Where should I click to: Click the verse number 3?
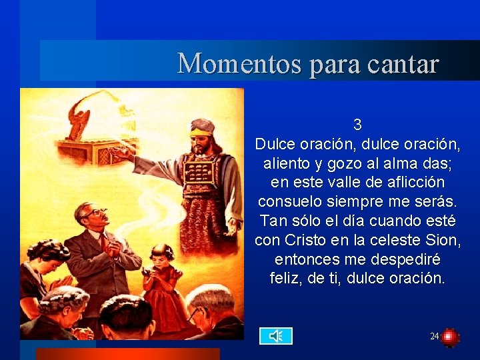[x=357, y=125]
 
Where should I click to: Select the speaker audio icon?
[x=275, y=336]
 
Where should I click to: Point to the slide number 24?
[x=434, y=337]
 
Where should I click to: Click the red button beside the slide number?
[x=450, y=337]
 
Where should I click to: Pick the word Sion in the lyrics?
[x=445, y=240]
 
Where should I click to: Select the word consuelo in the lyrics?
[x=290, y=201]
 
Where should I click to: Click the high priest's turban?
[x=201, y=126]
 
